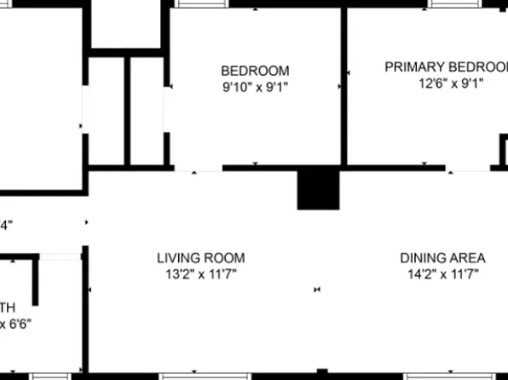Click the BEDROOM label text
(x=255, y=71)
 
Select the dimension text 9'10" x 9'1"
(x=255, y=85)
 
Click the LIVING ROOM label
(x=200, y=257)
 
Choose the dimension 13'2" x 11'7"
(x=200, y=273)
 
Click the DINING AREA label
(x=442, y=257)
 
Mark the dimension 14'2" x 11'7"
(x=442, y=273)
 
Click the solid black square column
(x=318, y=188)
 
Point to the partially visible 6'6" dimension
(x=14, y=324)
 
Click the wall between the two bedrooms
(x=344, y=85)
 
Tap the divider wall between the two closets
(x=128, y=111)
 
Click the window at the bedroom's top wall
(x=202, y=3)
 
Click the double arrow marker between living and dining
(x=317, y=290)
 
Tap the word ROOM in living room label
(x=227, y=257)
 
